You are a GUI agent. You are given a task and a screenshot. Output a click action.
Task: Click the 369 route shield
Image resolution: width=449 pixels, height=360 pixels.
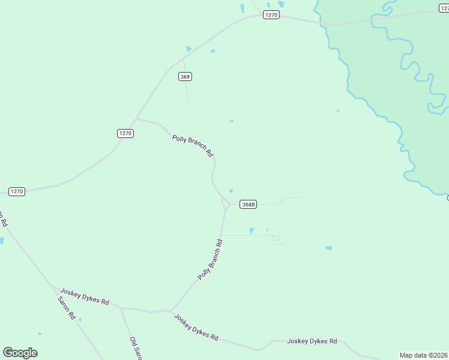click(185, 76)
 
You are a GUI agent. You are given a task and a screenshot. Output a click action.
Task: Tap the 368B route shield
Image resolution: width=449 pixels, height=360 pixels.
click(248, 205)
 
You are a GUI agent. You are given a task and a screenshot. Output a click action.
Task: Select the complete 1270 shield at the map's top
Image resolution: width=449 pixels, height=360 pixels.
click(271, 15)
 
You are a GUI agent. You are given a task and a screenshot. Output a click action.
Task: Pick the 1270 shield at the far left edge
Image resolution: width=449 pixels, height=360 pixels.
click(16, 191)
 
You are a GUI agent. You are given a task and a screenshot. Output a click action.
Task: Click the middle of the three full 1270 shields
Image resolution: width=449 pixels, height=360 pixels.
click(125, 133)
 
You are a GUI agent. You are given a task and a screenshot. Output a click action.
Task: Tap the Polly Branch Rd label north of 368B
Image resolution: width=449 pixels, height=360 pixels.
click(193, 146)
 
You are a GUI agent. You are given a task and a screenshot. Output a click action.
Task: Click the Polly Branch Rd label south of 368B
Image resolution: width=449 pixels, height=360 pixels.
click(211, 260)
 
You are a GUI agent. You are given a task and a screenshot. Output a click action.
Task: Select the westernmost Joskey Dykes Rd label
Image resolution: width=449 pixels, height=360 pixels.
click(85, 297)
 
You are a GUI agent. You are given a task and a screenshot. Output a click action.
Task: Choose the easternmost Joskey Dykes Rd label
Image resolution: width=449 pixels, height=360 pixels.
click(312, 341)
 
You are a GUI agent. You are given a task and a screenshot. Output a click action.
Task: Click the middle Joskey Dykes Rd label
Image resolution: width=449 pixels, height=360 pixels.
click(196, 328)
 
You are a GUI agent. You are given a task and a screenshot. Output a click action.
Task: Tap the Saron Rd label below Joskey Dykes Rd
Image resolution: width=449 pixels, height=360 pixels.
click(66, 308)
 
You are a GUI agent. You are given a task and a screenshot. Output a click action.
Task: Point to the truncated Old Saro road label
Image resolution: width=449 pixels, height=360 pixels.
click(135, 348)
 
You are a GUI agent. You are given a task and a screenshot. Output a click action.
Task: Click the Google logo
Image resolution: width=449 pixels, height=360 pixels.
click(20, 353)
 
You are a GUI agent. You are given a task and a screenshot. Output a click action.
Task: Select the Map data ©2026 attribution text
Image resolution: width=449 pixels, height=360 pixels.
click(424, 355)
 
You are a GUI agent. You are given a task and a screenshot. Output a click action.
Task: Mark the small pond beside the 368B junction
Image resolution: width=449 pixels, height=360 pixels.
click(231, 191)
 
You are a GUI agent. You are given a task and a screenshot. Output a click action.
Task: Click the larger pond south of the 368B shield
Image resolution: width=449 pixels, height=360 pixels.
click(252, 231)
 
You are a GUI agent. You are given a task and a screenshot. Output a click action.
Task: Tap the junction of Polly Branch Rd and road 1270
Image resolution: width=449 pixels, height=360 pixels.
click(137, 119)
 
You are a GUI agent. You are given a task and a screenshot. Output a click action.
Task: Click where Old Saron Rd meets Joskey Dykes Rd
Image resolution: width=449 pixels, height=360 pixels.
click(121, 308)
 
